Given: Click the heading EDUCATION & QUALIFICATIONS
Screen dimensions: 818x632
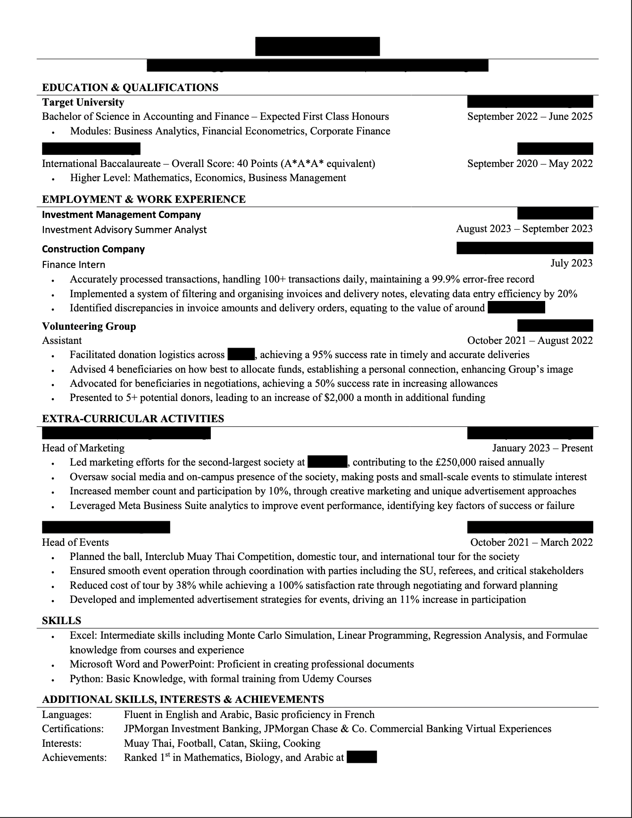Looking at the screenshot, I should point(130,88).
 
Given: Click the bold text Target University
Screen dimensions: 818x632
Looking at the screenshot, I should point(83,102).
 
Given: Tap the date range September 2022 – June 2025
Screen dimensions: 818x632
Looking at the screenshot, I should point(530,117).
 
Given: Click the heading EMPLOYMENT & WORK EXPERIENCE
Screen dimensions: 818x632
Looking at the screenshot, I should point(144,200).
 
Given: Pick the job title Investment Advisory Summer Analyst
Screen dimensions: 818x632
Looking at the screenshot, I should point(125,230).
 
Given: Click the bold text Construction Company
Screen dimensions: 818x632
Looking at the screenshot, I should point(93,249).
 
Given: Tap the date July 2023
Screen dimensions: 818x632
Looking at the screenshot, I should point(571,263).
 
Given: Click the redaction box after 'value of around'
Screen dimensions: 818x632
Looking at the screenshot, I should point(516,308).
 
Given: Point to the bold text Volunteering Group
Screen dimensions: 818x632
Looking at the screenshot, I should point(89,326).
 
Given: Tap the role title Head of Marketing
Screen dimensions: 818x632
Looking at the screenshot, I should point(83,448).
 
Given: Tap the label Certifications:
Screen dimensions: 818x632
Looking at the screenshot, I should point(73,729).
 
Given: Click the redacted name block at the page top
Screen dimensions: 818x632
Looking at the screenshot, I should point(317,47).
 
